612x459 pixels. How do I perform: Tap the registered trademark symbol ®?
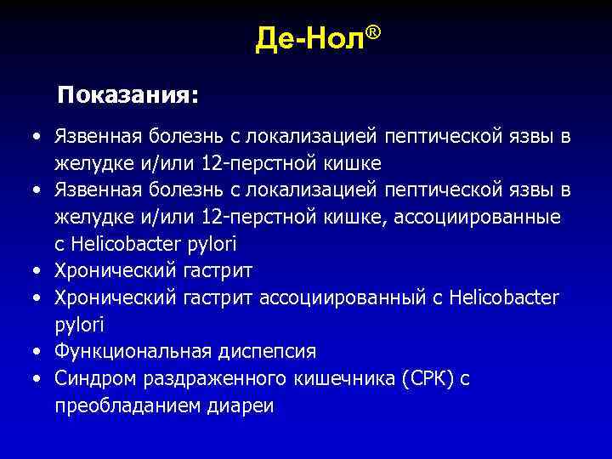coord(372,32)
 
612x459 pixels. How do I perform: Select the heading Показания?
coord(127,95)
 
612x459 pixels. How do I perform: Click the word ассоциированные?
coord(478,217)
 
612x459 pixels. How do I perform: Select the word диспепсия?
coord(264,352)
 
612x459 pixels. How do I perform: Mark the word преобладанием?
coord(127,406)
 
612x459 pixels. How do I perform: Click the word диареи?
coord(241,406)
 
